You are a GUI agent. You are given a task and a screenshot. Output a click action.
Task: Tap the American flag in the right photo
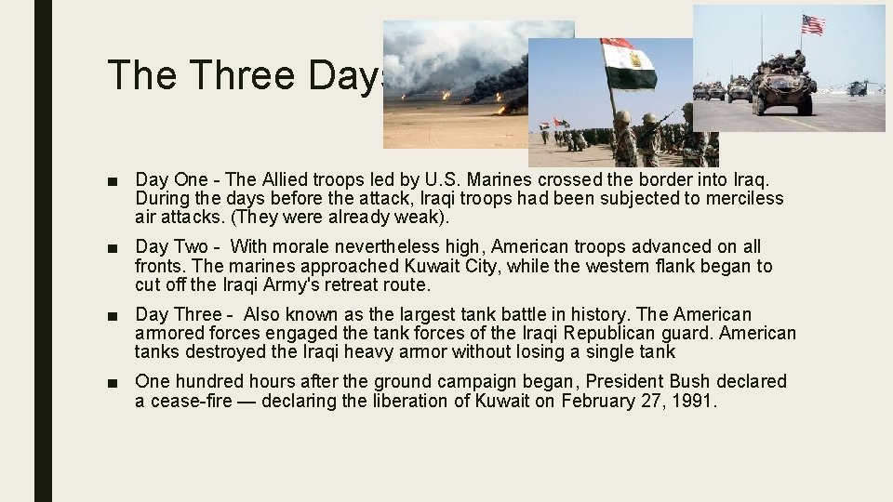pos(813,24)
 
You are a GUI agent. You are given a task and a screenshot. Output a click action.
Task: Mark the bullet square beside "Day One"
pos(113,179)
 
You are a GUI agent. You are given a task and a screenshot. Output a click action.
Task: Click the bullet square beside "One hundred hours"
pos(113,382)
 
